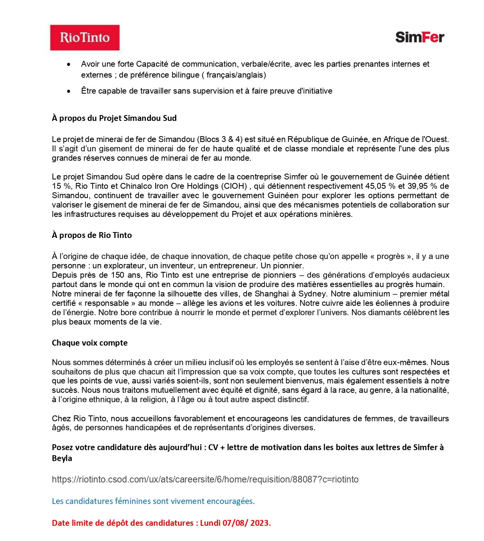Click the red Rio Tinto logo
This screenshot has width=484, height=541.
[x=85, y=37]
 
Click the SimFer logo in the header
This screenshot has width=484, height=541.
[x=420, y=37]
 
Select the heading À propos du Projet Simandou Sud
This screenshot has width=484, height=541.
[x=114, y=118]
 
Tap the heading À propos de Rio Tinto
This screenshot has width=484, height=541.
[x=92, y=235]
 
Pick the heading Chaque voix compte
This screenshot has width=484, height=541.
[x=90, y=343]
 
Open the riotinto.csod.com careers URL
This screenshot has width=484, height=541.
[x=205, y=479]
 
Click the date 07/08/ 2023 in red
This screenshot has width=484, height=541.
[x=246, y=523]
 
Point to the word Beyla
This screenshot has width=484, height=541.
[x=62, y=458]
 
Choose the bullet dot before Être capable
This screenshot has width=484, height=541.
[x=69, y=91]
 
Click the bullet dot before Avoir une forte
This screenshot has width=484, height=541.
[x=69, y=64]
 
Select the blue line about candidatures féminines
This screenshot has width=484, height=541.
[x=153, y=501]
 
